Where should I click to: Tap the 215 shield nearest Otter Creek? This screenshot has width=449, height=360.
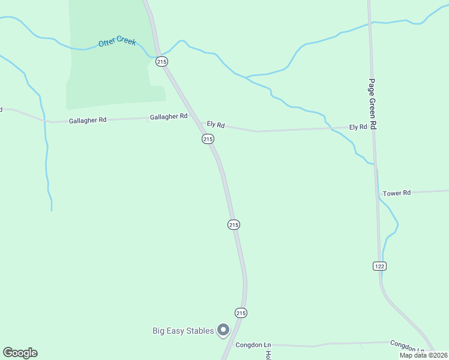tap(161, 61)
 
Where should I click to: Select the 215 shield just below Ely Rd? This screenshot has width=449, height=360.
tap(208, 139)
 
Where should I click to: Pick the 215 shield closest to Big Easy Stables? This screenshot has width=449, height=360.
tap(241, 313)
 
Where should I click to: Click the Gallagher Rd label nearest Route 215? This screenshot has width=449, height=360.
tap(169, 116)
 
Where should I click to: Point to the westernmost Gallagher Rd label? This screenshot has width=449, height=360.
tap(88, 120)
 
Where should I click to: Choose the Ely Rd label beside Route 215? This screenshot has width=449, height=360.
tap(215, 125)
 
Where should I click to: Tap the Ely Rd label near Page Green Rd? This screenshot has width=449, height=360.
tap(358, 127)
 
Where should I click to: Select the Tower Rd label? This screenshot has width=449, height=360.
tap(397, 193)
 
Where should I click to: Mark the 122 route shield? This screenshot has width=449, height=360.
tap(379, 266)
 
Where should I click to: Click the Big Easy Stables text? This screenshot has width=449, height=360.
tap(182, 331)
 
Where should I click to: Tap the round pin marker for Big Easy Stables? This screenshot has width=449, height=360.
tap(223, 330)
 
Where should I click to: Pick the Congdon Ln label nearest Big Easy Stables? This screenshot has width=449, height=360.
tap(253, 345)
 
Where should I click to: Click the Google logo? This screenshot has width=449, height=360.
tap(20, 353)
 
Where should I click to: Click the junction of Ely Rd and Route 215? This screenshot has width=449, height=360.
tap(201, 124)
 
